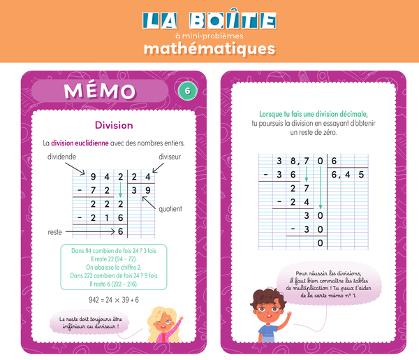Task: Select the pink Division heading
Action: click(114, 125)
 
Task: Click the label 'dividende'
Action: click(62, 157)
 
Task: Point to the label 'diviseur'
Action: click(170, 157)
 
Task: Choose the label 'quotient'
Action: click(170, 208)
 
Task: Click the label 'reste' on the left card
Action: click(55, 231)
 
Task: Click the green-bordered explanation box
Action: click(114, 266)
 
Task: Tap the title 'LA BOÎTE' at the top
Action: click(209, 20)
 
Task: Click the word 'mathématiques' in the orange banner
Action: click(209, 49)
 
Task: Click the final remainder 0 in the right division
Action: click(321, 243)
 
